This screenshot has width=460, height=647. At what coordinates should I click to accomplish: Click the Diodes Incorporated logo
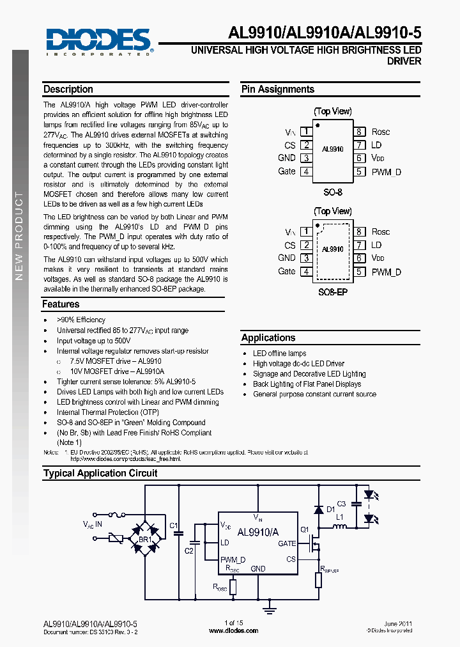click(98, 42)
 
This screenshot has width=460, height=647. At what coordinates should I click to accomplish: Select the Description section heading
click(68, 90)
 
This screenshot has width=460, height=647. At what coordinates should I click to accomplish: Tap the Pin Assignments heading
click(278, 90)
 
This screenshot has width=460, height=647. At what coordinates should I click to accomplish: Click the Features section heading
click(61, 304)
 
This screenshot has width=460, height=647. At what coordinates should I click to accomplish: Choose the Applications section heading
click(268, 338)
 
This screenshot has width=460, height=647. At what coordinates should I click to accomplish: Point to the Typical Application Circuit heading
click(100, 473)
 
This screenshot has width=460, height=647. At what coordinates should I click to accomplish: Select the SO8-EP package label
click(332, 292)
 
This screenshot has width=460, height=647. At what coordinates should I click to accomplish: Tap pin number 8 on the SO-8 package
click(360, 132)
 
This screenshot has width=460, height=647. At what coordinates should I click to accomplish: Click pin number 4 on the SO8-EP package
click(306, 272)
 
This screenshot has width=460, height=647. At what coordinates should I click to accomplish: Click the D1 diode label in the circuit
click(330, 510)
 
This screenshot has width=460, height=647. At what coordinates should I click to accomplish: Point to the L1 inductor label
click(340, 517)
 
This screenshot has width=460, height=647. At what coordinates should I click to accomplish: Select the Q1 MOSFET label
click(305, 529)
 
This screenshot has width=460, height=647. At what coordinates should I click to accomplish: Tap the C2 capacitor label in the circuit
click(189, 550)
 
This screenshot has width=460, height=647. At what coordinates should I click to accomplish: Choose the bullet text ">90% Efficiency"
click(81, 320)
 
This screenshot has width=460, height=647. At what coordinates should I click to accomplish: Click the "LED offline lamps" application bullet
click(280, 354)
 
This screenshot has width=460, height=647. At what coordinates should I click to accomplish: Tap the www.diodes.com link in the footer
click(234, 630)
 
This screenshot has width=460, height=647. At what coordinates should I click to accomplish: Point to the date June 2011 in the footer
click(398, 623)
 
